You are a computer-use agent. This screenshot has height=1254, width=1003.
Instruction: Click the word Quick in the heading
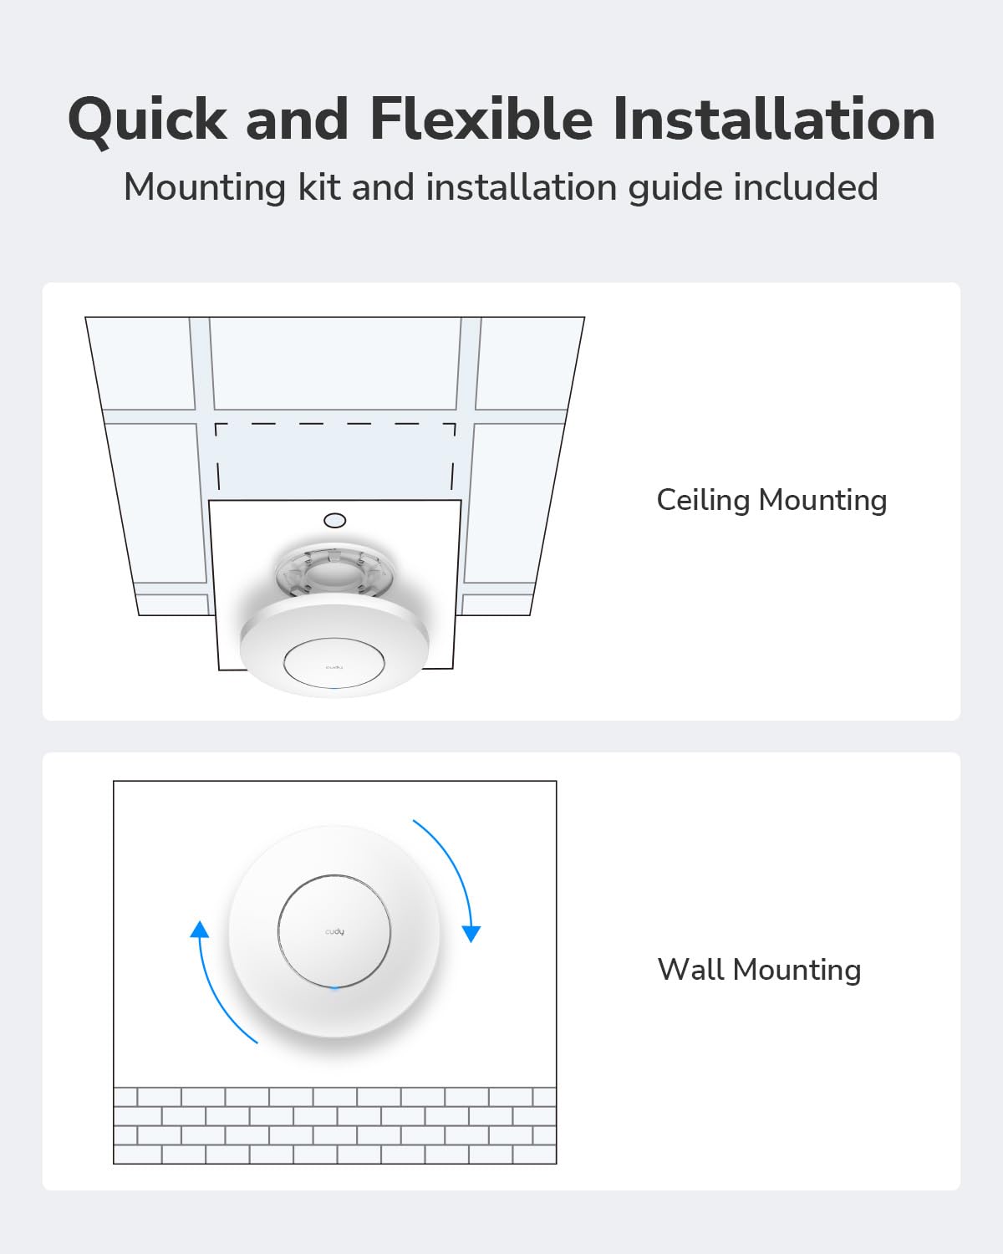[147, 120]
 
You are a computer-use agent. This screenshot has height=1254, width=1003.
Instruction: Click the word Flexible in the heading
[481, 120]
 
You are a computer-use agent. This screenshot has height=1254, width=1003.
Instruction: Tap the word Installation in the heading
[773, 120]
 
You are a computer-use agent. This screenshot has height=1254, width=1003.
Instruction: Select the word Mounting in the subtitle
[205, 187]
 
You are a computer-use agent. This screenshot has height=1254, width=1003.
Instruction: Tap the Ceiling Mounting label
[771, 500]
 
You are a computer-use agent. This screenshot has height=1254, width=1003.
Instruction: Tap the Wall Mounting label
[759, 970]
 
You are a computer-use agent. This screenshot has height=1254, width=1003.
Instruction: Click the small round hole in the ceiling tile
[334, 520]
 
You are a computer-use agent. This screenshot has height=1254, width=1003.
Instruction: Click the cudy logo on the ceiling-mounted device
[334, 666]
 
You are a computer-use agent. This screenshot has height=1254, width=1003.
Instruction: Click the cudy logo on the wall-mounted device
[334, 931]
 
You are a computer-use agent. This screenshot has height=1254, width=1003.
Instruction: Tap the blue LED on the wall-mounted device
[334, 987]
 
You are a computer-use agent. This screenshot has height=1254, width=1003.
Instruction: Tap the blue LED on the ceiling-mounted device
[334, 689]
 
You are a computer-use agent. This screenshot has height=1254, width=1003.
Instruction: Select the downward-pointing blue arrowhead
[471, 933]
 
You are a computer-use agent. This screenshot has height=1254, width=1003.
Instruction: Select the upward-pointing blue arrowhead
[199, 929]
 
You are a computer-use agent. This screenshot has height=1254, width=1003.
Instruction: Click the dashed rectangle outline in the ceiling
[334, 425]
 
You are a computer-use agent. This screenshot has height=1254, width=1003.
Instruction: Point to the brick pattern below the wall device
[334, 1125]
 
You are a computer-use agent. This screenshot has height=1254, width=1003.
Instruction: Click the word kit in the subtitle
[318, 187]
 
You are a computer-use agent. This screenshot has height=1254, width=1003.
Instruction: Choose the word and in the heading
[297, 120]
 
